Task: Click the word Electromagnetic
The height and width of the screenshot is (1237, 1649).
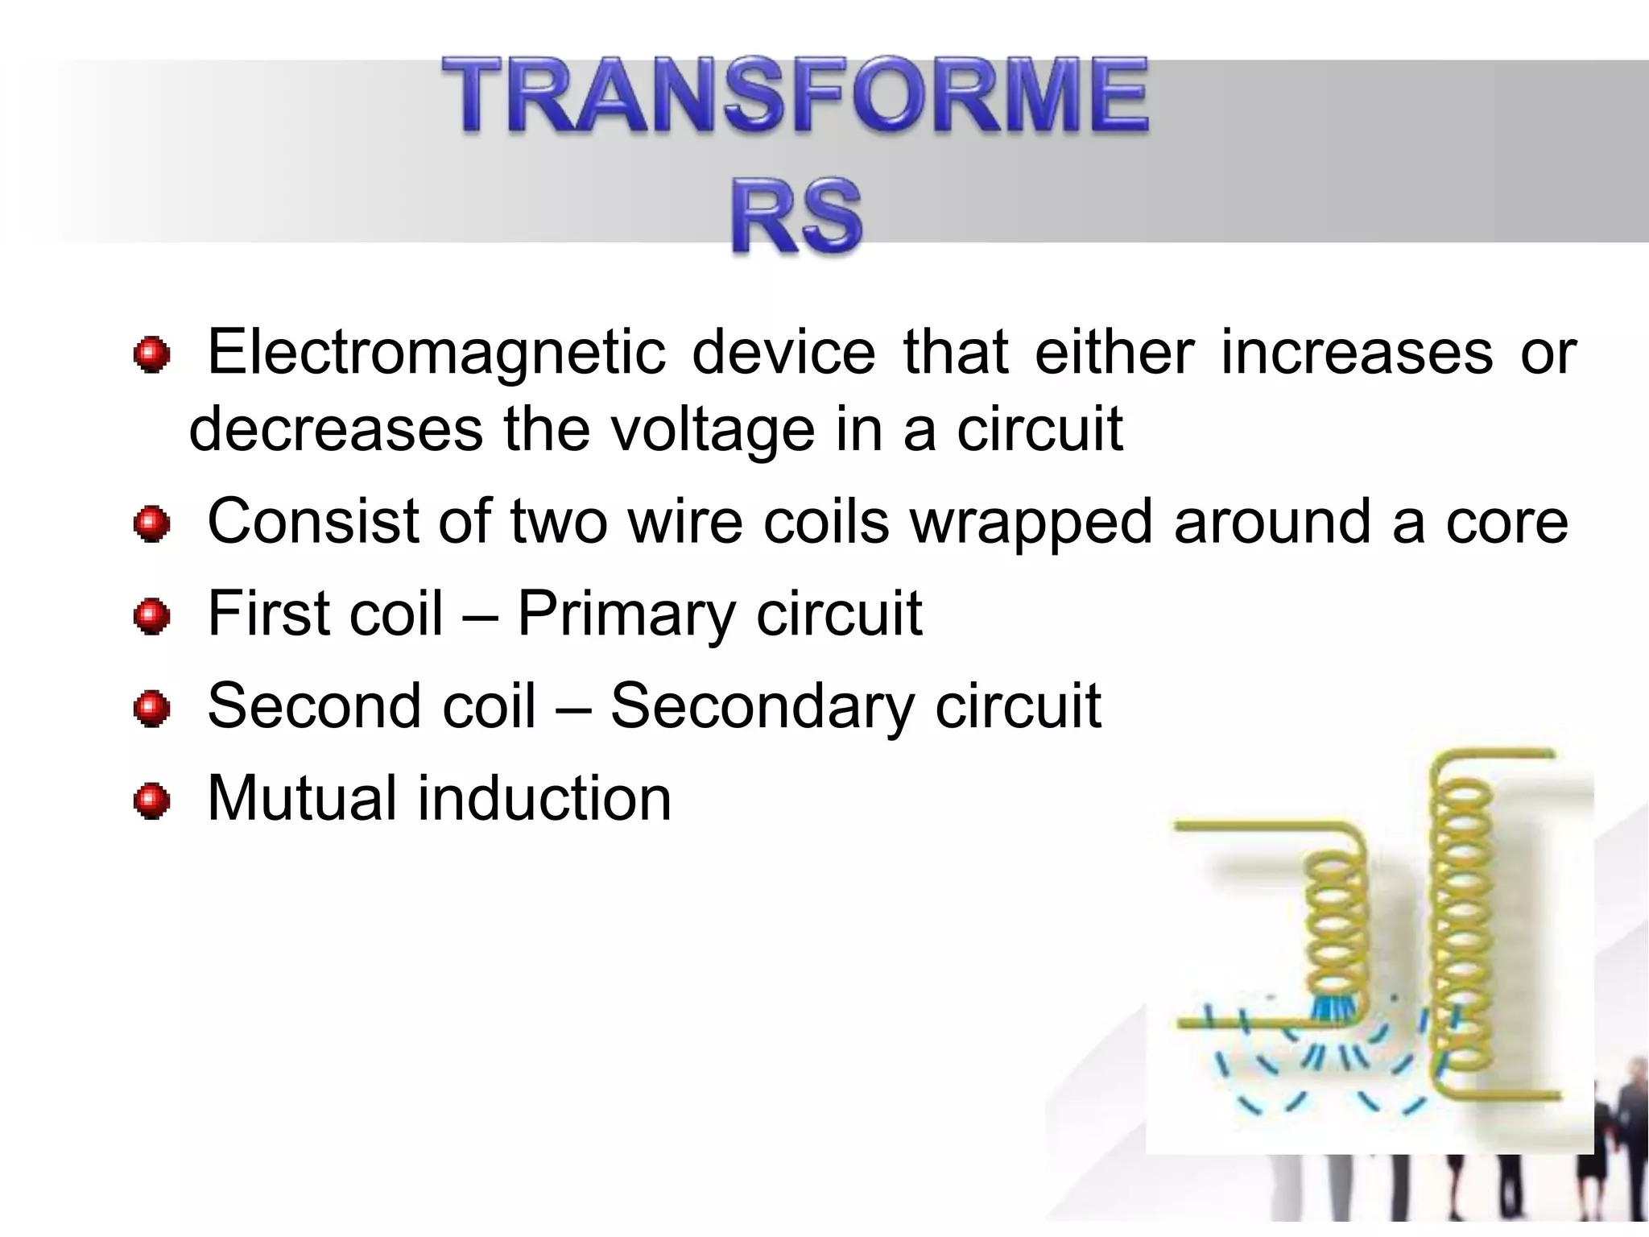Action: point(436,354)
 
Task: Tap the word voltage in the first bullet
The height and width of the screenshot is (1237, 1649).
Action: point(713,429)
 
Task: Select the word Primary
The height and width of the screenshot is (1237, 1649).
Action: point(626,614)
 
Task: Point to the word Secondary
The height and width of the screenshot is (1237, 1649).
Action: point(762,706)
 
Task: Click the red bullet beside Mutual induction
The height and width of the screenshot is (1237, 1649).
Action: point(151,801)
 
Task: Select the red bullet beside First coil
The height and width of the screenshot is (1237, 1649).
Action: point(151,617)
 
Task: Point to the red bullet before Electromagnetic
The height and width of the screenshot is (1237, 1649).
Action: point(151,355)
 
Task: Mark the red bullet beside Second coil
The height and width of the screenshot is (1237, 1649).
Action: point(151,709)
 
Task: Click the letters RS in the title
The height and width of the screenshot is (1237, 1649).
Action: point(796,216)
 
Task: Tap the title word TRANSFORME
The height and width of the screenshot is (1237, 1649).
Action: point(796,96)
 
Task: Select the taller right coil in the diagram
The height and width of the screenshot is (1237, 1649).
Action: point(1464,926)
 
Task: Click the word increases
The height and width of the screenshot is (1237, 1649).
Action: point(1357,354)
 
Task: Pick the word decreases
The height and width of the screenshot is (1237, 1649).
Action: point(336,429)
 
